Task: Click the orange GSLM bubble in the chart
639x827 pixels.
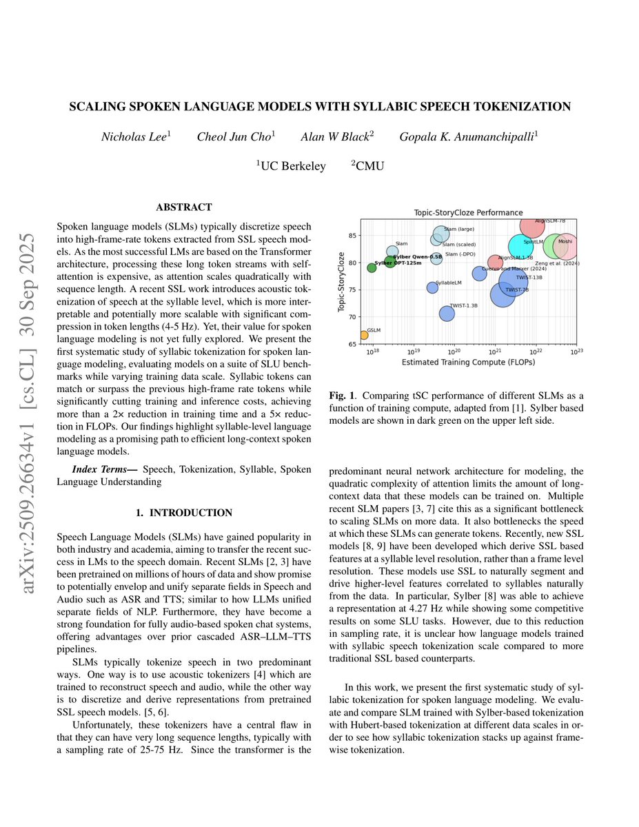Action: coord(364,336)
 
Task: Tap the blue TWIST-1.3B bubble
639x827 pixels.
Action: coord(447,314)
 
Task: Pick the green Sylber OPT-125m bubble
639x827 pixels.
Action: coord(372,267)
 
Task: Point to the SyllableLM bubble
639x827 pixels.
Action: coord(432,287)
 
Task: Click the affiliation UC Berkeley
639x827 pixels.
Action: coord(292,166)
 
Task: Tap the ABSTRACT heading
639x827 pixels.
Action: coord(183,207)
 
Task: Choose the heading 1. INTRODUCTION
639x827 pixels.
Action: coord(183,513)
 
